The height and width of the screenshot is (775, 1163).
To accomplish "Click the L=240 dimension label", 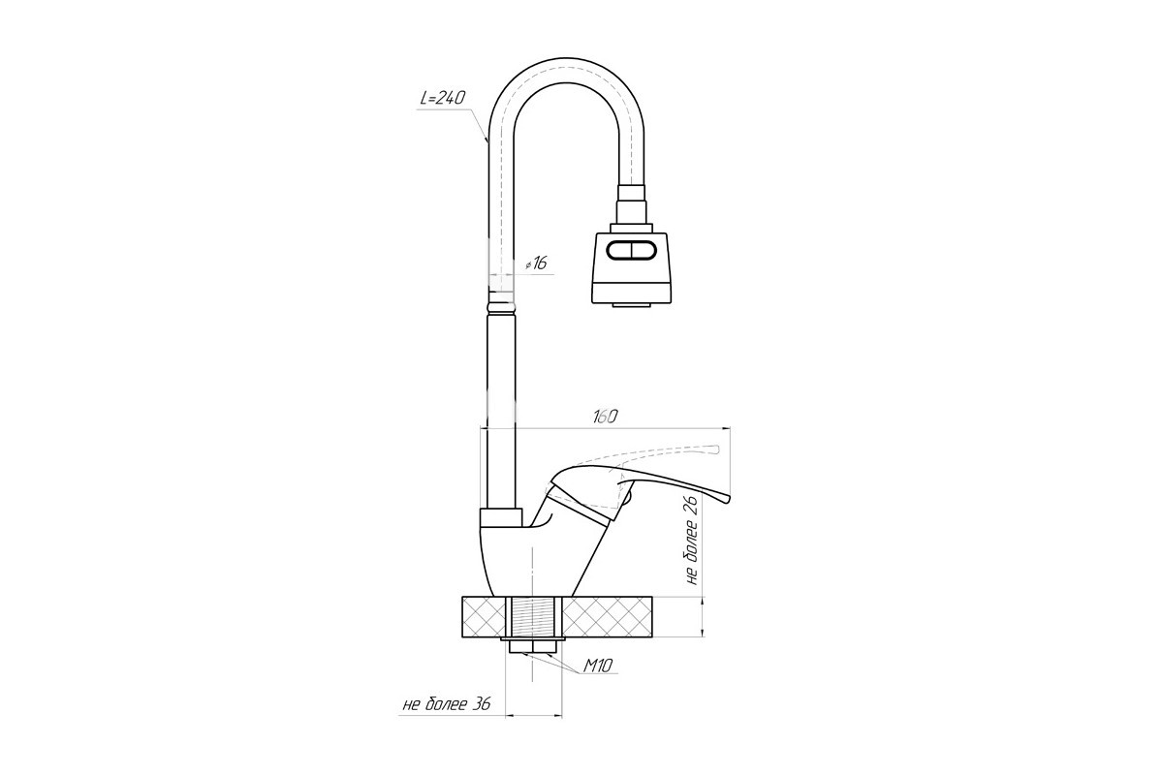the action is click(442, 98).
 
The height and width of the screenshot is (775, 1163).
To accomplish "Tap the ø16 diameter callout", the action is click(536, 263).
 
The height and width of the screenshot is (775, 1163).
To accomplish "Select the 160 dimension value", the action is click(605, 417).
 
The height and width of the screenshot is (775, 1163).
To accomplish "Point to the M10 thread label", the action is click(598, 665).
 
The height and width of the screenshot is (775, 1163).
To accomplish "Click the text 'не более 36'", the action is click(447, 704).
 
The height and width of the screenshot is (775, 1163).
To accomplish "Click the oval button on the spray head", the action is click(632, 251).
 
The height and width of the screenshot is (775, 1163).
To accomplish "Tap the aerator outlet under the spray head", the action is click(631, 305).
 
